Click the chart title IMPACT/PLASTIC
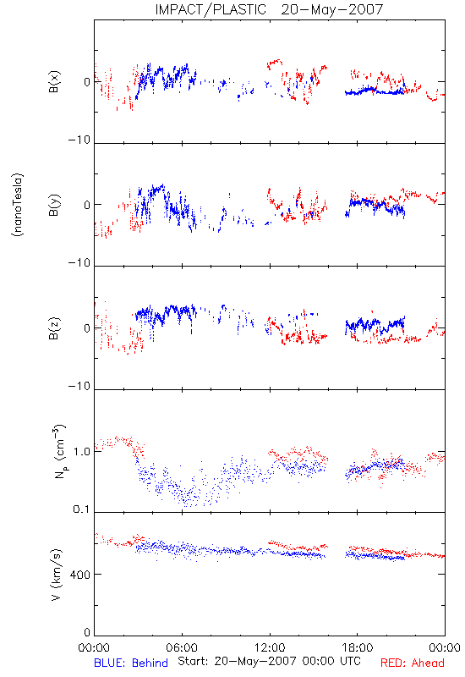211,9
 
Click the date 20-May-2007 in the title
331,9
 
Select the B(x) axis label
54,81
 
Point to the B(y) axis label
54,205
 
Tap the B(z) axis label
54,328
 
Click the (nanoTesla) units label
18,205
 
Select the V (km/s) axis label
56,575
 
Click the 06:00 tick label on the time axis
182,647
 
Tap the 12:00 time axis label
270,647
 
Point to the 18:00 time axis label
358,647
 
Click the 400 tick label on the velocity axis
79,575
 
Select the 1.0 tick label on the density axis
81,452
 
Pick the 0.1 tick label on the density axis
81,509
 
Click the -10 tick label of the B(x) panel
79,140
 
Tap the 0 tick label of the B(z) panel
87,328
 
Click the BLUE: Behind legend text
131,663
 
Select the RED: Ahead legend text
413,663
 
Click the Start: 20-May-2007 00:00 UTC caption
269,661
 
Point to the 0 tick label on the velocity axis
87,632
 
